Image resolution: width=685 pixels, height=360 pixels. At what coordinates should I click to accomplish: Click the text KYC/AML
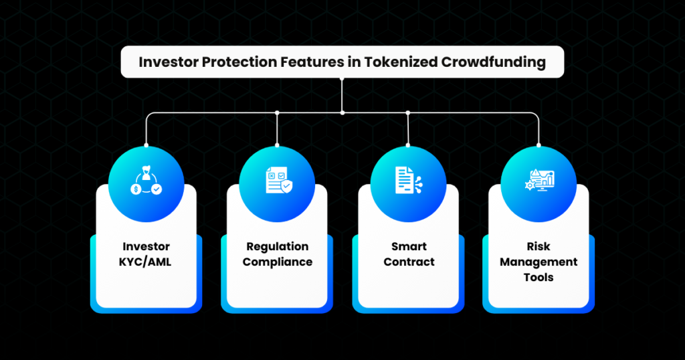point(146,262)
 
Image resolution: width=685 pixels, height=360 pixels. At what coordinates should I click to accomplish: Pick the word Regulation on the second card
point(277,247)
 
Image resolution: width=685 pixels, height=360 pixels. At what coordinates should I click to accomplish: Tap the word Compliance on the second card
point(277,262)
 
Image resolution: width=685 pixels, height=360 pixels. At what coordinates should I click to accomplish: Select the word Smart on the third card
point(409,247)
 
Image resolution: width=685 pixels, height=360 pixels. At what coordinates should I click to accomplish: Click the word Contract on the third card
point(409,262)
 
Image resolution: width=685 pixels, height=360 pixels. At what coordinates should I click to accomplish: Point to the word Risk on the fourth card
point(539,247)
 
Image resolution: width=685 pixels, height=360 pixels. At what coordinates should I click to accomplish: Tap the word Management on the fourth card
point(539,262)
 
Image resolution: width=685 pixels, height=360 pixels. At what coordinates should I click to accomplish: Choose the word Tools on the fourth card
point(539,276)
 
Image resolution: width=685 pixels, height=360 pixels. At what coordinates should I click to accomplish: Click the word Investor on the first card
point(146,247)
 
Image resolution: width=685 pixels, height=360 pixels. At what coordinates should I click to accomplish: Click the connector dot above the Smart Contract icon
point(409,112)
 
